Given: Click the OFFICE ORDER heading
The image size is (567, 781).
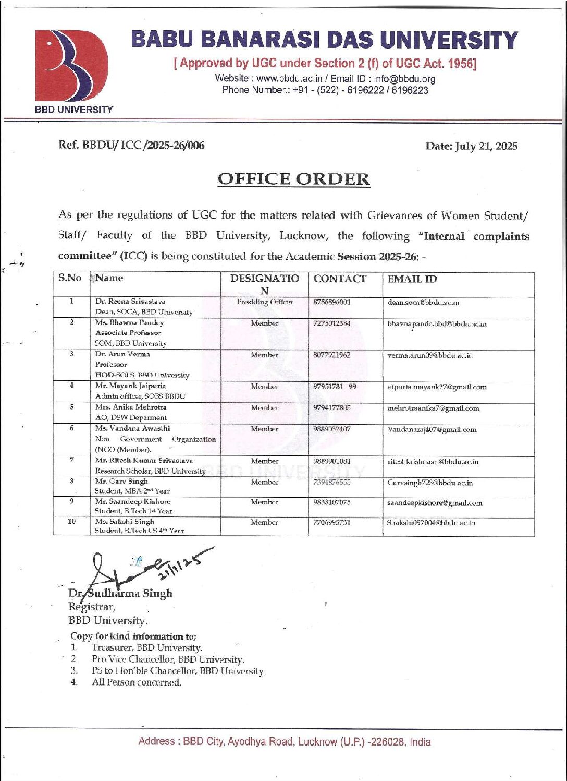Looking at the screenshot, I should coord(293,179).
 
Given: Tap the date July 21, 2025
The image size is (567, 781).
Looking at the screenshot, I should coord(487,146).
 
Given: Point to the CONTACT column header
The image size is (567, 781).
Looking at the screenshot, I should coord(339,279).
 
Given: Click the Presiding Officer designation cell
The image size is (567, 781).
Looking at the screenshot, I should coord(265,302).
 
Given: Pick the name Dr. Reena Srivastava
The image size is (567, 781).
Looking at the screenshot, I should coord(130,302).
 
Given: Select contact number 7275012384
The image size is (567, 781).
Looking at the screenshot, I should coord(332,323).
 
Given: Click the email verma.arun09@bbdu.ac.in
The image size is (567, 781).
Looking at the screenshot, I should coord(430,356).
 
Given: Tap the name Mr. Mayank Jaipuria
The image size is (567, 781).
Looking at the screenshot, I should coord(130,386).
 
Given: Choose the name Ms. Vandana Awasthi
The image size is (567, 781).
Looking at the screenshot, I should coord(132,428).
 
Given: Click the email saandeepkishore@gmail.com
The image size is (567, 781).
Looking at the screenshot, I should coord(435,503).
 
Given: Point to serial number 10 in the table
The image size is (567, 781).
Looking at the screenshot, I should coord(72,522).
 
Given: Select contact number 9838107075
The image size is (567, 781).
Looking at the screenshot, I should coord(332,502).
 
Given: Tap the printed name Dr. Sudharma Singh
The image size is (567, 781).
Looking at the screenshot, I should coord(120,594).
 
